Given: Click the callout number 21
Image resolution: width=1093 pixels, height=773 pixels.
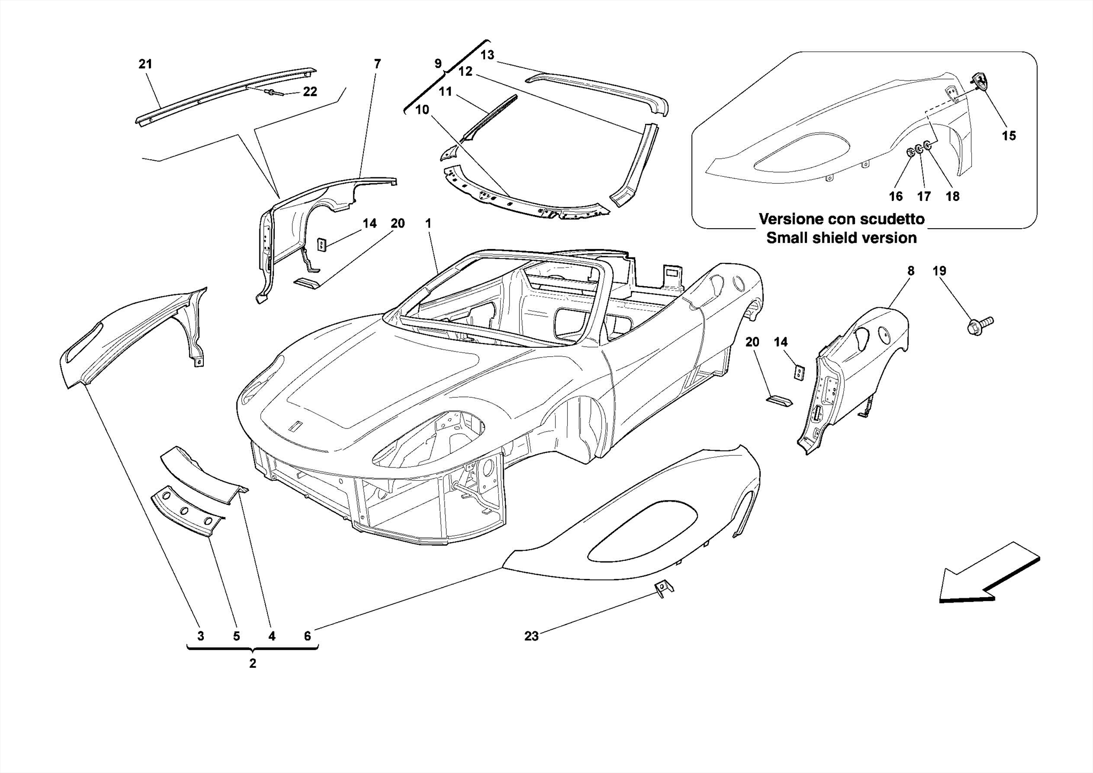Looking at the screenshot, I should click(145, 64).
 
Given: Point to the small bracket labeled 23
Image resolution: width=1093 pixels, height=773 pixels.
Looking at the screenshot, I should click(663, 588).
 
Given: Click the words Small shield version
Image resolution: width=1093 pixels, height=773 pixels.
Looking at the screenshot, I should click(841, 238).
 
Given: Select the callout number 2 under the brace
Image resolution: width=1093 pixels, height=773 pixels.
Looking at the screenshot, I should click(252, 663).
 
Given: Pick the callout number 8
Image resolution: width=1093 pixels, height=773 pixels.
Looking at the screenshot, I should click(910, 271).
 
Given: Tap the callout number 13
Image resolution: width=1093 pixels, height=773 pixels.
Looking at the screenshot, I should click(487, 55).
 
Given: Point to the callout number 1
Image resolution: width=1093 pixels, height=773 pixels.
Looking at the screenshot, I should click(428, 223).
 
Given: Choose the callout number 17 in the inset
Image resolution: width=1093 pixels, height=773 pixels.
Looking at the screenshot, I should click(924, 197).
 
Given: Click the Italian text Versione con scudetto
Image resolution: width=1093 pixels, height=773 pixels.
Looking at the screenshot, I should click(841, 219).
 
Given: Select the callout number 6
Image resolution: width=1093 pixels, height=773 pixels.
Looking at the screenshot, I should click(307, 636).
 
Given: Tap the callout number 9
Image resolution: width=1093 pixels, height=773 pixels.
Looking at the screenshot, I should click(438, 64).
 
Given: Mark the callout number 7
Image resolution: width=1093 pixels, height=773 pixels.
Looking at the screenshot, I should click(377, 64).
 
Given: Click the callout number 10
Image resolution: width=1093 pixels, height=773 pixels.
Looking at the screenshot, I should click(422, 110).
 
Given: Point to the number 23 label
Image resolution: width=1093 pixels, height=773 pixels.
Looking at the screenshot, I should click(531, 636).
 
